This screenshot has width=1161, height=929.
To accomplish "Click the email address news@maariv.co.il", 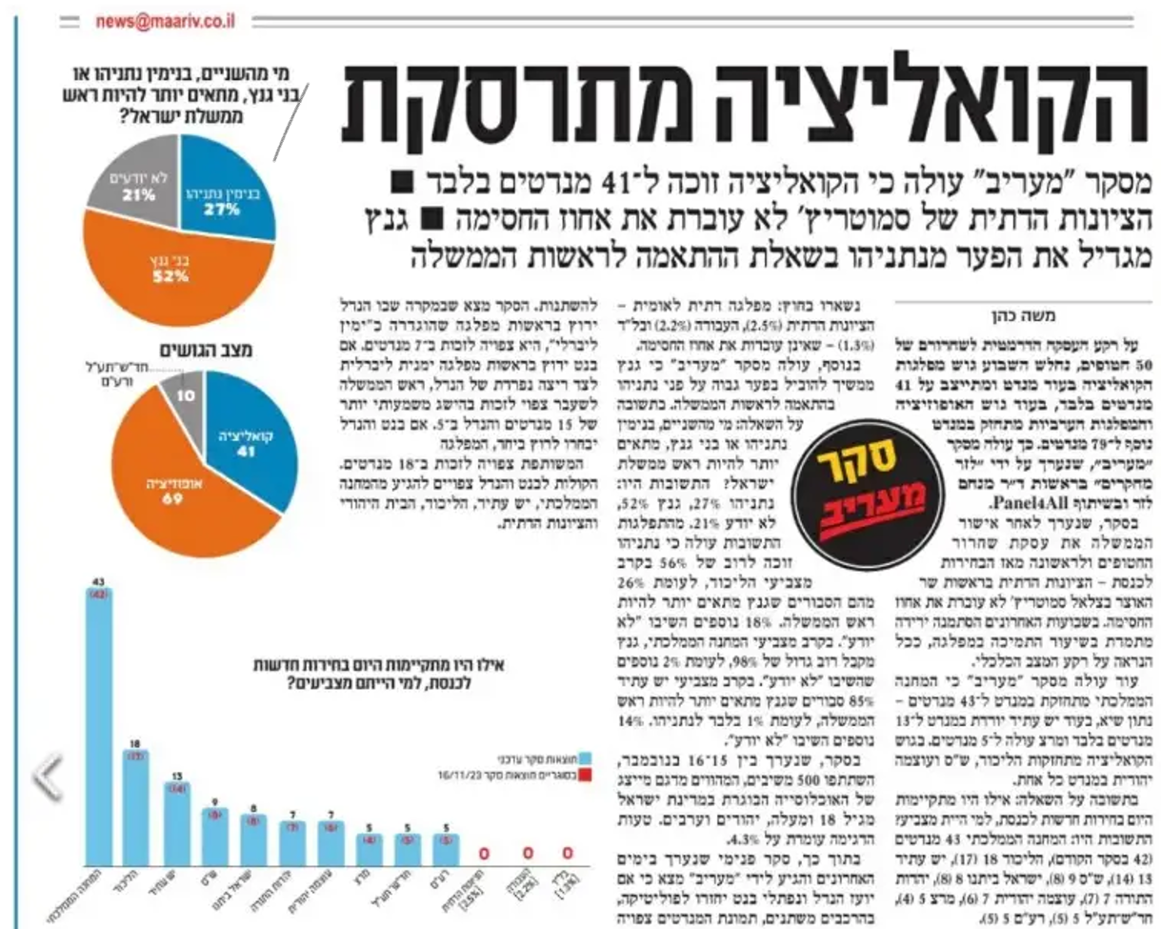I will click(x=165, y=21).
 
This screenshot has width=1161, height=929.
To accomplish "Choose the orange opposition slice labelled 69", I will click(x=171, y=495).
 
